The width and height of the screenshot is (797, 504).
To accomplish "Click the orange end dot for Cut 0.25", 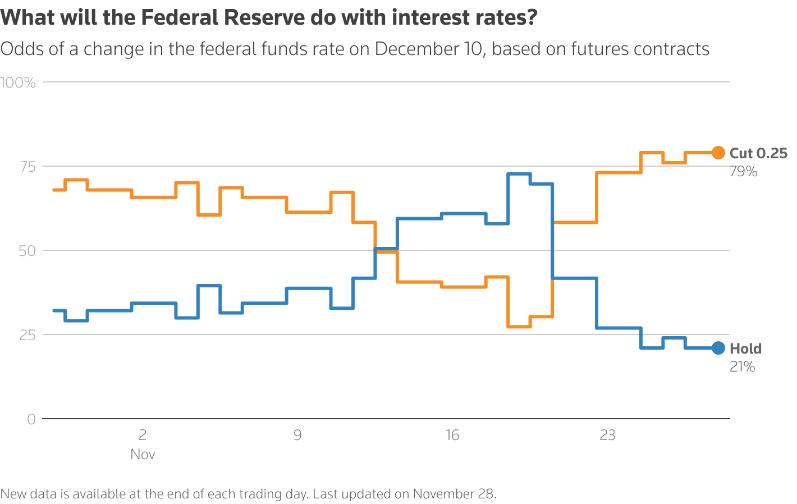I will pyautogui.click(x=718, y=152).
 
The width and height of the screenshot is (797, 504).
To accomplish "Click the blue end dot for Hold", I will pyautogui.click(x=718, y=348).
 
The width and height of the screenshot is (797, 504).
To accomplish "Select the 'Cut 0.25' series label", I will pyautogui.click(x=758, y=153).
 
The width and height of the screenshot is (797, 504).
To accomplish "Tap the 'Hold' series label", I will pyautogui.click(x=745, y=349).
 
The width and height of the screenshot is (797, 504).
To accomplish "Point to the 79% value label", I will pyautogui.click(x=743, y=172).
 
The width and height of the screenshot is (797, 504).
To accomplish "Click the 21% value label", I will pyautogui.click(x=742, y=367).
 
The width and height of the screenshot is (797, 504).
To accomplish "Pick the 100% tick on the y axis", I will pyautogui.click(x=18, y=83).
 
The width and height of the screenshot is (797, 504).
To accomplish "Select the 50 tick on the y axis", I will pyautogui.click(x=26, y=251).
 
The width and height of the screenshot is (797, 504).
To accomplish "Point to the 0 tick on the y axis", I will pyautogui.click(x=31, y=419).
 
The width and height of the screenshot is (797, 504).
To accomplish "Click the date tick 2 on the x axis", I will pyautogui.click(x=143, y=435).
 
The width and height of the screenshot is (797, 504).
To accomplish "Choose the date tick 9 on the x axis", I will pyautogui.click(x=297, y=435).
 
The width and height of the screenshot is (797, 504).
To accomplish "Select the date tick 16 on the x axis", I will pyautogui.click(x=452, y=435).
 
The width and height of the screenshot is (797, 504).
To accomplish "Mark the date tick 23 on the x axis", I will pyautogui.click(x=607, y=435).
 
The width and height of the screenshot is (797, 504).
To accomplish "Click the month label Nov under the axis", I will pyautogui.click(x=143, y=454).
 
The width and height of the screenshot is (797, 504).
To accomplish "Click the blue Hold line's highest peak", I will pyautogui.click(x=519, y=174).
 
